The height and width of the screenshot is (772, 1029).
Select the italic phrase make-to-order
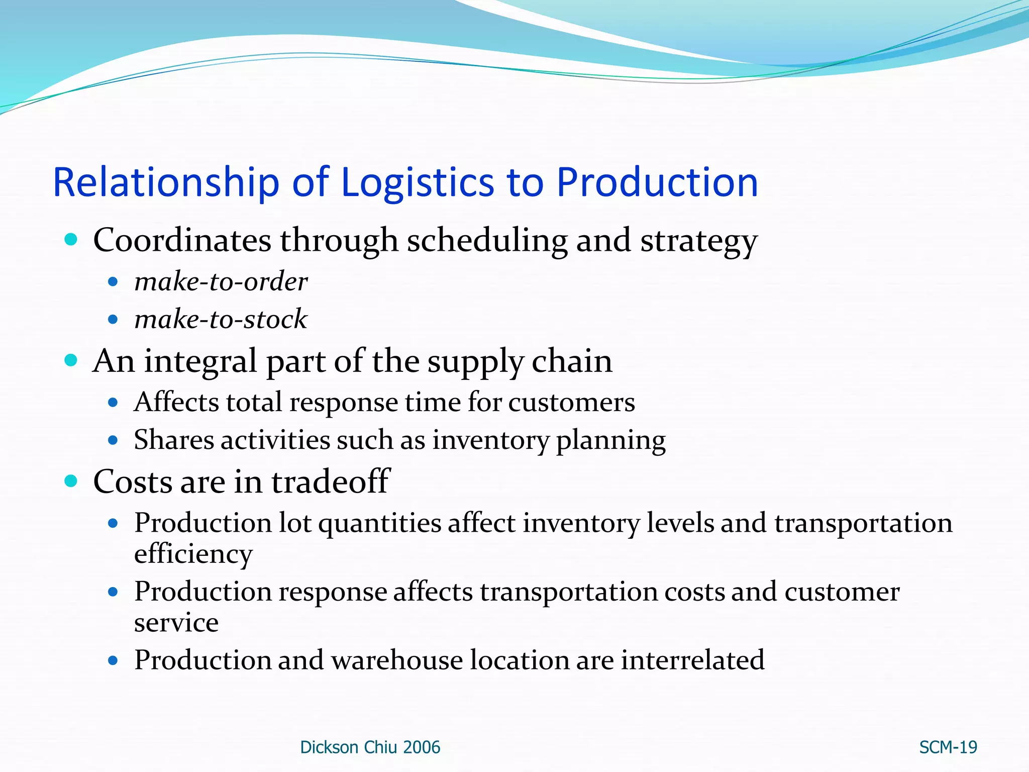coord(221,281)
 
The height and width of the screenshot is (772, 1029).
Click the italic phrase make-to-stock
coord(221,319)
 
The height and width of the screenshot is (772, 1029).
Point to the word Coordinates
coord(182,240)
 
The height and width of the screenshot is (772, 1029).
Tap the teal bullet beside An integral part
coord(71,360)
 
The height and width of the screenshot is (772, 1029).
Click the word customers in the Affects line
coord(571,403)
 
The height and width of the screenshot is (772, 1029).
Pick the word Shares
coord(174,440)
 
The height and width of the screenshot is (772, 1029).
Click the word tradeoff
coord(330,481)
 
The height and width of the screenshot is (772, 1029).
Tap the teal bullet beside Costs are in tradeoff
coord(71,481)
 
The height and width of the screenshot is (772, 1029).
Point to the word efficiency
coord(193,554)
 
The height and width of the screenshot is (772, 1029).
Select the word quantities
coord(380,523)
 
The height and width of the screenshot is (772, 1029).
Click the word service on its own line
coord(176,623)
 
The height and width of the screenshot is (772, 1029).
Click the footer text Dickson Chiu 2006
coord(370,747)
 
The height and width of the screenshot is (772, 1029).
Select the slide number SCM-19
coord(948,747)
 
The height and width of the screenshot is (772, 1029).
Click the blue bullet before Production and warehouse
coord(113,660)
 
